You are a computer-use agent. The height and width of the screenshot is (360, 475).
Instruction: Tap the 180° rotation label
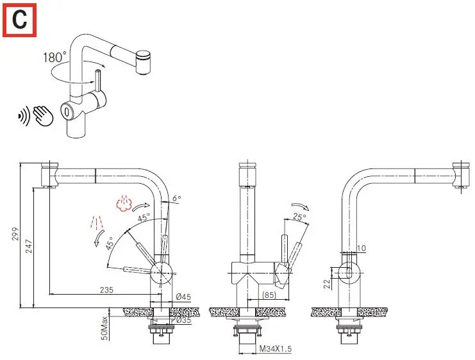(54, 58)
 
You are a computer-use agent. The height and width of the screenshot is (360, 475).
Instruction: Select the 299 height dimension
(24, 236)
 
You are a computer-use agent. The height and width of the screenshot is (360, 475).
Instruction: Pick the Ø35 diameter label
(184, 320)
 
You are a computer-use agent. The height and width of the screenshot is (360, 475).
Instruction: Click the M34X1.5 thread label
(276, 348)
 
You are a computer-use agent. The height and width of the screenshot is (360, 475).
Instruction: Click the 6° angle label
(177, 199)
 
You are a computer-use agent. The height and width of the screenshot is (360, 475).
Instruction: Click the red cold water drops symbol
(96, 224)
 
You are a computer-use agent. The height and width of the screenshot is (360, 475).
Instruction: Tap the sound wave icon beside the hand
(23, 116)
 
